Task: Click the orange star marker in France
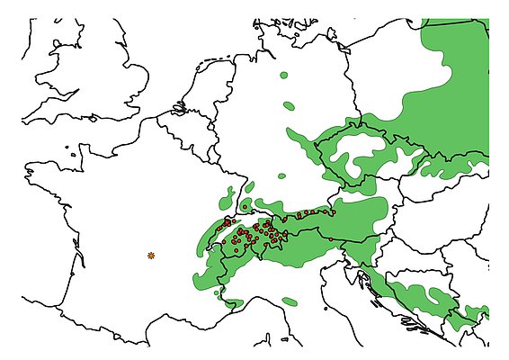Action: coord(151,256)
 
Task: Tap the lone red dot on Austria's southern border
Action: coord(330,238)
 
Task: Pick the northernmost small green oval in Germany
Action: coord(285,76)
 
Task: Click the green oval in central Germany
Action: coord(289,106)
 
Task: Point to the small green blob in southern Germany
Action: coord(281,174)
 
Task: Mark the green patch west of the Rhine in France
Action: coord(228,193)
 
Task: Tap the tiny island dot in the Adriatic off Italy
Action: coord(326,309)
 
